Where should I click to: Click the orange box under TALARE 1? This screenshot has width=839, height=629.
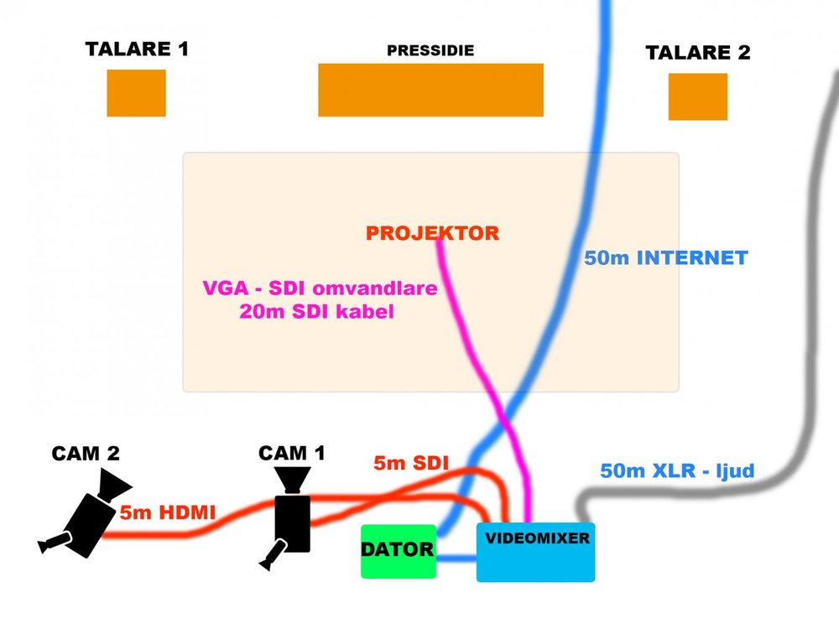(x=136, y=92)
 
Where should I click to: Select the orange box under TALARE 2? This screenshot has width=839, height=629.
(x=697, y=96)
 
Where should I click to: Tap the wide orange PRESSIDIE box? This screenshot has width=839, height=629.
(x=430, y=90)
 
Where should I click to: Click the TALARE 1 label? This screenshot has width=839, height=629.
(x=137, y=49)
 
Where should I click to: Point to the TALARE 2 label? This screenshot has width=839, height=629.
(x=697, y=53)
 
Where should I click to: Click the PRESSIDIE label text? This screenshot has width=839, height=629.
(x=430, y=51)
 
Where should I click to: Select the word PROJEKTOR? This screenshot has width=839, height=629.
(x=432, y=233)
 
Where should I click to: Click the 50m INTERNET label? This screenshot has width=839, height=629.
(x=665, y=257)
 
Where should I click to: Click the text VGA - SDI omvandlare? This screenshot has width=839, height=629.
(x=320, y=289)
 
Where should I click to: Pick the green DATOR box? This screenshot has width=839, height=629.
(x=399, y=551)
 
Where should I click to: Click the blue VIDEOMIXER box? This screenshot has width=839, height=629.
(x=535, y=552)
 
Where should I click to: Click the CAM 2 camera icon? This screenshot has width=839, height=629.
(x=86, y=513)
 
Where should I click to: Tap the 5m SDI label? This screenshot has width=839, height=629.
(x=410, y=462)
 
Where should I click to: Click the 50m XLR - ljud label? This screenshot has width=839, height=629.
(x=677, y=470)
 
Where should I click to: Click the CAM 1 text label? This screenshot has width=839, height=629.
(x=291, y=453)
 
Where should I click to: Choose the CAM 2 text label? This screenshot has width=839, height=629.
(x=86, y=454)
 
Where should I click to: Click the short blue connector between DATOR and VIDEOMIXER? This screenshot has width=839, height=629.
(x=456, y=558)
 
